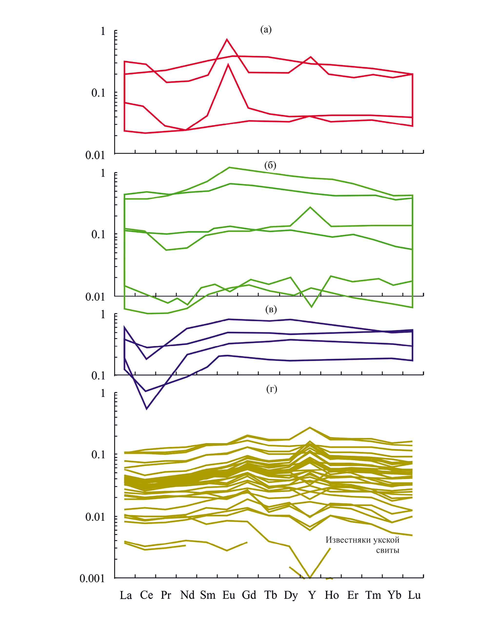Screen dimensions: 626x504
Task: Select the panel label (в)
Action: [271, 309]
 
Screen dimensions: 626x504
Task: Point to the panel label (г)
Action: [271, 389]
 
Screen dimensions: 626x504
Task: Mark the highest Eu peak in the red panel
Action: [227, 39]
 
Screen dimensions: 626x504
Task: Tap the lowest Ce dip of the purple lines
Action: [147, 409]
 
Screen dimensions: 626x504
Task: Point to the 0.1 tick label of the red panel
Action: [98, 93]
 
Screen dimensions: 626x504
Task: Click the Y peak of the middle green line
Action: [310, 207]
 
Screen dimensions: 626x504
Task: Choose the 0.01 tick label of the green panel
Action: [95, 297]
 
